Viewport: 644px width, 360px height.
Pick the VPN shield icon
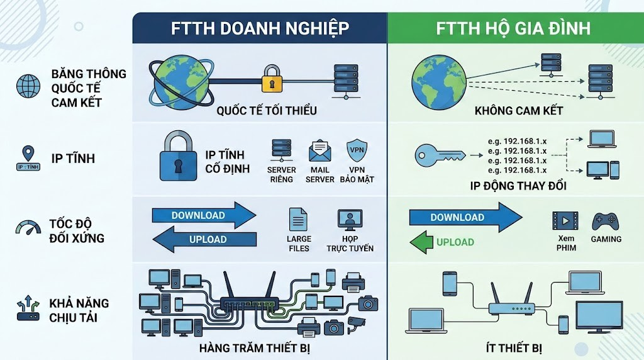356,152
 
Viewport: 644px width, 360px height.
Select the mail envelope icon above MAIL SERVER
319,152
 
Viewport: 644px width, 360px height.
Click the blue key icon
439,154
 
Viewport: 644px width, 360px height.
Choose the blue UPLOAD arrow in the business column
206,239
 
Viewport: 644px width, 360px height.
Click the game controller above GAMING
605,220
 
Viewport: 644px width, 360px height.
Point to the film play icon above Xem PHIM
564,221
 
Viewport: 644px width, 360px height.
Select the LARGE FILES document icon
299,220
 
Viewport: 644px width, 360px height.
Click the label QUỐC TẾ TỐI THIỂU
266,111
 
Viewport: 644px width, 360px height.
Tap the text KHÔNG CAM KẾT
518,111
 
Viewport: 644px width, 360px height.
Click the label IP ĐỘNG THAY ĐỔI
518,186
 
